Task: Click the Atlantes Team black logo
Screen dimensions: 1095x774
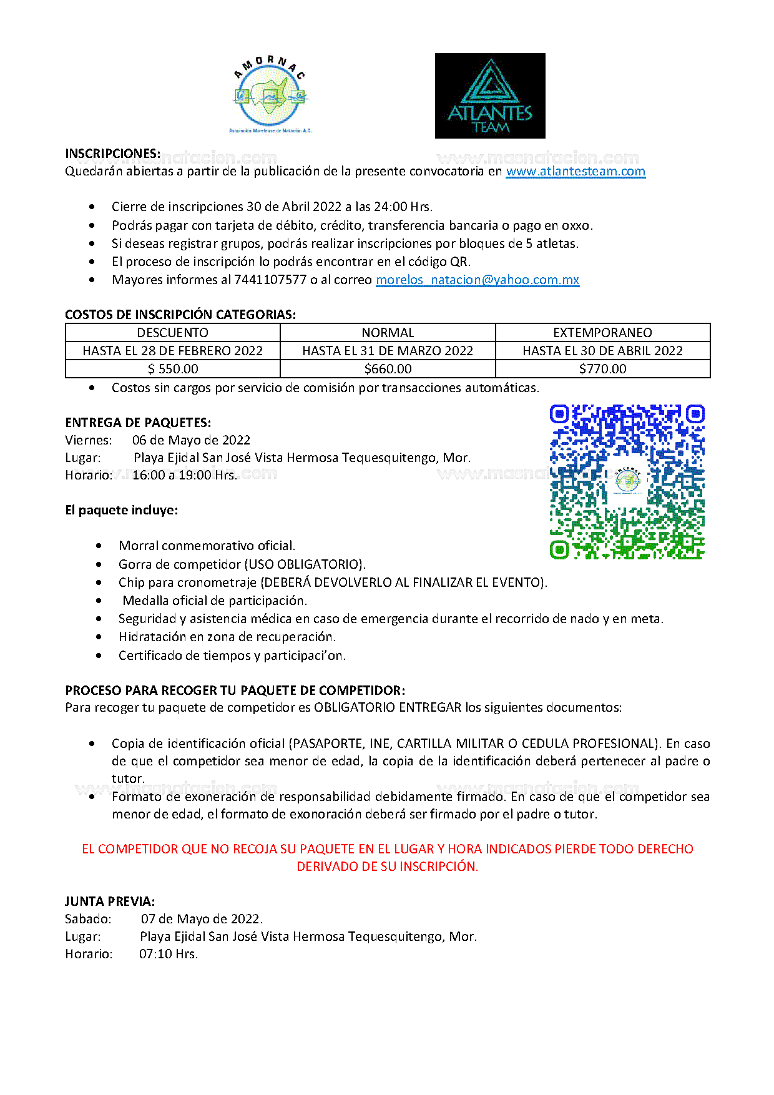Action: click(x=490, y=96)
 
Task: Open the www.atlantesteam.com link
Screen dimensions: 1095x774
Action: click(x=576, y=172)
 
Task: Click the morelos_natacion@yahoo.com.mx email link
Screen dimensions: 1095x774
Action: click(x=478, y=280)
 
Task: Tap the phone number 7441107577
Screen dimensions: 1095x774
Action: click(x=270, y=280)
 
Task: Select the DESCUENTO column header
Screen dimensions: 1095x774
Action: click(x=172, y=333)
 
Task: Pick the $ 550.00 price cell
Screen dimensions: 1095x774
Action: click(x=172, y=369)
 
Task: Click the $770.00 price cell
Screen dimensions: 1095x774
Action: click(x=602, y=369)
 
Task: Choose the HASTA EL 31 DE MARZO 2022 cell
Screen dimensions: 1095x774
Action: click(x=388, y=351)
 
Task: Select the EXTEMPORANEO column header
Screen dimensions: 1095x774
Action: click(x=602, y=333)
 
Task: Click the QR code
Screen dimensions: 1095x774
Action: click(x=627, y=481)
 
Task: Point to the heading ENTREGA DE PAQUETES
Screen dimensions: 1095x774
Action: click(x=138, y=423)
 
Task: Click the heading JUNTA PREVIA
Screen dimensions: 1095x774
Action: click(x=110, y=901)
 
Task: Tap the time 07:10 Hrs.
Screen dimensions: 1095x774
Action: click(x=169, y=954)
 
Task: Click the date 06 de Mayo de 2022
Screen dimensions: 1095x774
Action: click(x=191, y=440)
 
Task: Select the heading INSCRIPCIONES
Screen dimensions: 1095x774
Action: click(x=112, y=154)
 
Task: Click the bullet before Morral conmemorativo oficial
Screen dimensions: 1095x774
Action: click(x=99, y=546)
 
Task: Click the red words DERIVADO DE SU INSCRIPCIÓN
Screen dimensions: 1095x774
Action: click(x=387, y=867)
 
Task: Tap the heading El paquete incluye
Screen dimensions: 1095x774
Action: click(x=121, y=510)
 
